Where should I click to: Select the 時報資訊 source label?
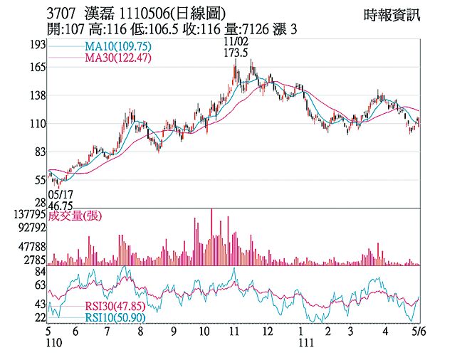(392, 14)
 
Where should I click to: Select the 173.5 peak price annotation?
(236, 53)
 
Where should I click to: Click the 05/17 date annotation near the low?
(61, 193)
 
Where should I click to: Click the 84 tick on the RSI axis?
(40, 272)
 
